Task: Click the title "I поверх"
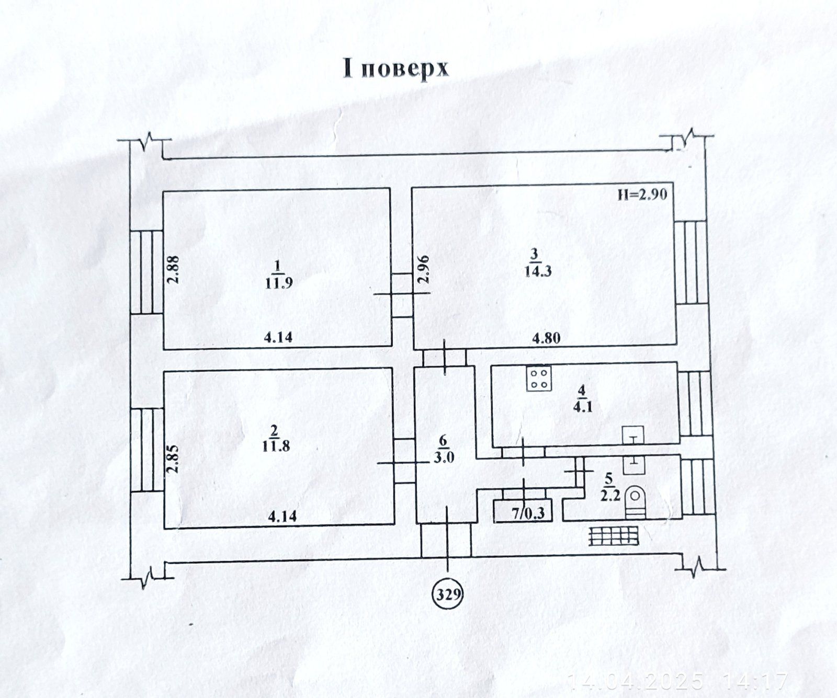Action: [x=395, y=69]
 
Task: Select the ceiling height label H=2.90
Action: [x=642, y=194]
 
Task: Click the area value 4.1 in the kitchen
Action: [x=583, y=406]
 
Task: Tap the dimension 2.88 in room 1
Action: [x=175, y=269]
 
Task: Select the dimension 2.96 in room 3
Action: [x=423, y=269]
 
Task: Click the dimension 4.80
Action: [x=547, y=338]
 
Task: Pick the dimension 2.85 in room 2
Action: [x=175, y=459]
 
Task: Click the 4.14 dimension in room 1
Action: [x=278, y=338]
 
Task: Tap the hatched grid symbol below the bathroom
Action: [x=614, y=535]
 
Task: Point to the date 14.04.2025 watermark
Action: [x=636, y=681]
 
